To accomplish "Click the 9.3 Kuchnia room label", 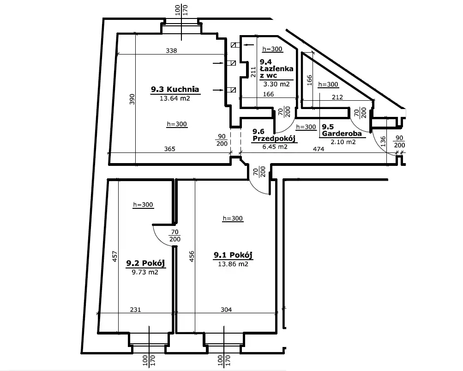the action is click(175, 89).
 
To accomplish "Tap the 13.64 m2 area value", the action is click(175, 98).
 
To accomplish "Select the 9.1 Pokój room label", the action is click(233, 255).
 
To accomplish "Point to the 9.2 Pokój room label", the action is click(145, 263).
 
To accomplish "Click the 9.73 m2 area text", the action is click(145, 272).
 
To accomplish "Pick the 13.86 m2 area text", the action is click(233, 264).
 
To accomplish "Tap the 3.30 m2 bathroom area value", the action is click(277, 84).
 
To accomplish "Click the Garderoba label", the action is click(342, 134).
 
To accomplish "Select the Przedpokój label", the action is click(274, 139).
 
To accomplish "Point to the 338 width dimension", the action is click(171, 50).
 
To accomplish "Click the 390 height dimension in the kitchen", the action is click(132, 99).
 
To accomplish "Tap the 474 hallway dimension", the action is click(319, 149).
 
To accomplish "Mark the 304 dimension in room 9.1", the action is click(226, 310).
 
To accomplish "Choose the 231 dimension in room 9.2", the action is click(135, 310).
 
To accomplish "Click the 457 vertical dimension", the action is click(115, 256).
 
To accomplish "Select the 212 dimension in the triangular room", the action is click(337, 97).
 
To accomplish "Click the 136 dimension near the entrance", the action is click(383, 141).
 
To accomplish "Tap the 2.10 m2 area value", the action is click(343, 142).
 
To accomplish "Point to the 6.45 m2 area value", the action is click(275, 146).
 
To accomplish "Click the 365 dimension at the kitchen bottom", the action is click(170, 149).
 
